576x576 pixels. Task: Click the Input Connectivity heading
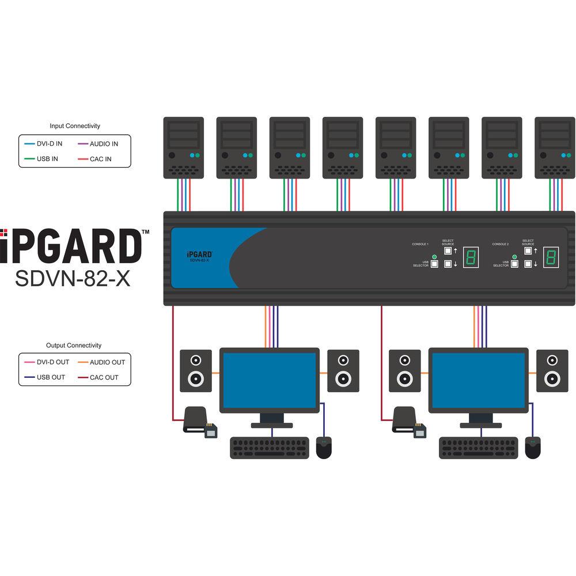[75, 126]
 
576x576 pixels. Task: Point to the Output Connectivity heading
[74, 346]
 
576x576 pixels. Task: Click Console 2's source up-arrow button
[528, 251]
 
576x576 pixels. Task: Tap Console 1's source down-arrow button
[448, 264]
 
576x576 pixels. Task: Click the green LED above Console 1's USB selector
[434, 256]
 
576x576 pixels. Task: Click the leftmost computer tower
[184, 147]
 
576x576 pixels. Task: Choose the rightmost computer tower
[555, 147]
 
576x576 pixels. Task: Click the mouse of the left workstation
[324, 448]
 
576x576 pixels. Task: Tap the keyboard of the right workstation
[478, 448]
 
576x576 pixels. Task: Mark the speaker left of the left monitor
[195, 370]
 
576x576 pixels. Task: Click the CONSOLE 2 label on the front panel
[500, 244]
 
